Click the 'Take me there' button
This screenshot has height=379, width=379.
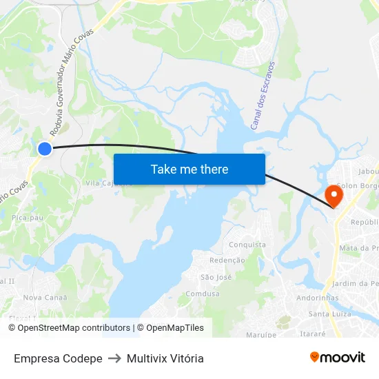pos(189,169)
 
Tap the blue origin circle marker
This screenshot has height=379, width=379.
pos(45,148)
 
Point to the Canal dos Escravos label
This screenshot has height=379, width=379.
pos(263,95)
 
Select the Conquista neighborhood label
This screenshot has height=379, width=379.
pos(247,245)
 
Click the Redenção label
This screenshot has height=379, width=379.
pos(227,260)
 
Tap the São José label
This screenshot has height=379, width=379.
pos(216,277)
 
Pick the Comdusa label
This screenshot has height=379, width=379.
pos(203,294)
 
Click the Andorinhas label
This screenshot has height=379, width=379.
pos(317,298)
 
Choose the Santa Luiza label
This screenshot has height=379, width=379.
pos(329,314)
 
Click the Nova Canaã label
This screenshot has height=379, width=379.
pos(45,298)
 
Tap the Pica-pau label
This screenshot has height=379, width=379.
pos(28,217)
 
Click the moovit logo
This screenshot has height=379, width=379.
pos(337,357)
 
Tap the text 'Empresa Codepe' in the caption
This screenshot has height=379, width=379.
pos(58,358)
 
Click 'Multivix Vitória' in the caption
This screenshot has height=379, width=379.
pos(165,358)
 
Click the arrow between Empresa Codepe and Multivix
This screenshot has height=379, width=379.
pos(114,358)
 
